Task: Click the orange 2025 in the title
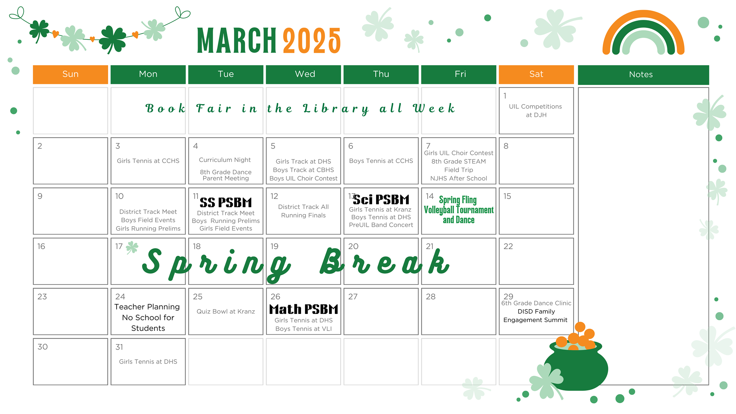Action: click(x=312, y=40)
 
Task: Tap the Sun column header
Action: click(x=70, y=74)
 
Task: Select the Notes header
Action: click(x=643, y=75)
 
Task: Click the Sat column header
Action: click(x=536, y=74)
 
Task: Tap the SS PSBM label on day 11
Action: click(x=226, y=202)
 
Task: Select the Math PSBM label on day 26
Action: click(x=304, y=309)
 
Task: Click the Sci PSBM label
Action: click(x=381, y=199)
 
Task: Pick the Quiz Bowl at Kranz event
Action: click(x=226, y=311)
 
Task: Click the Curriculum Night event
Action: click(x=225, y=160)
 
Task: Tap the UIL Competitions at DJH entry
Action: click(x=536, y=111)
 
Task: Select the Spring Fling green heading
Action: click(x=458, y=200)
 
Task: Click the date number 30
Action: click(x=43, y=347)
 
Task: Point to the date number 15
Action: click(x=507, y=196)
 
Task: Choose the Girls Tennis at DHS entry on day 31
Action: click(x=148, y=362)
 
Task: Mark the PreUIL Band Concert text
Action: click(x=381, y=225)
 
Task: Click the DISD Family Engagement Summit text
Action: click(x=536, y=316)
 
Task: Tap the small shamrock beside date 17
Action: click(x=132, y=247)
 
